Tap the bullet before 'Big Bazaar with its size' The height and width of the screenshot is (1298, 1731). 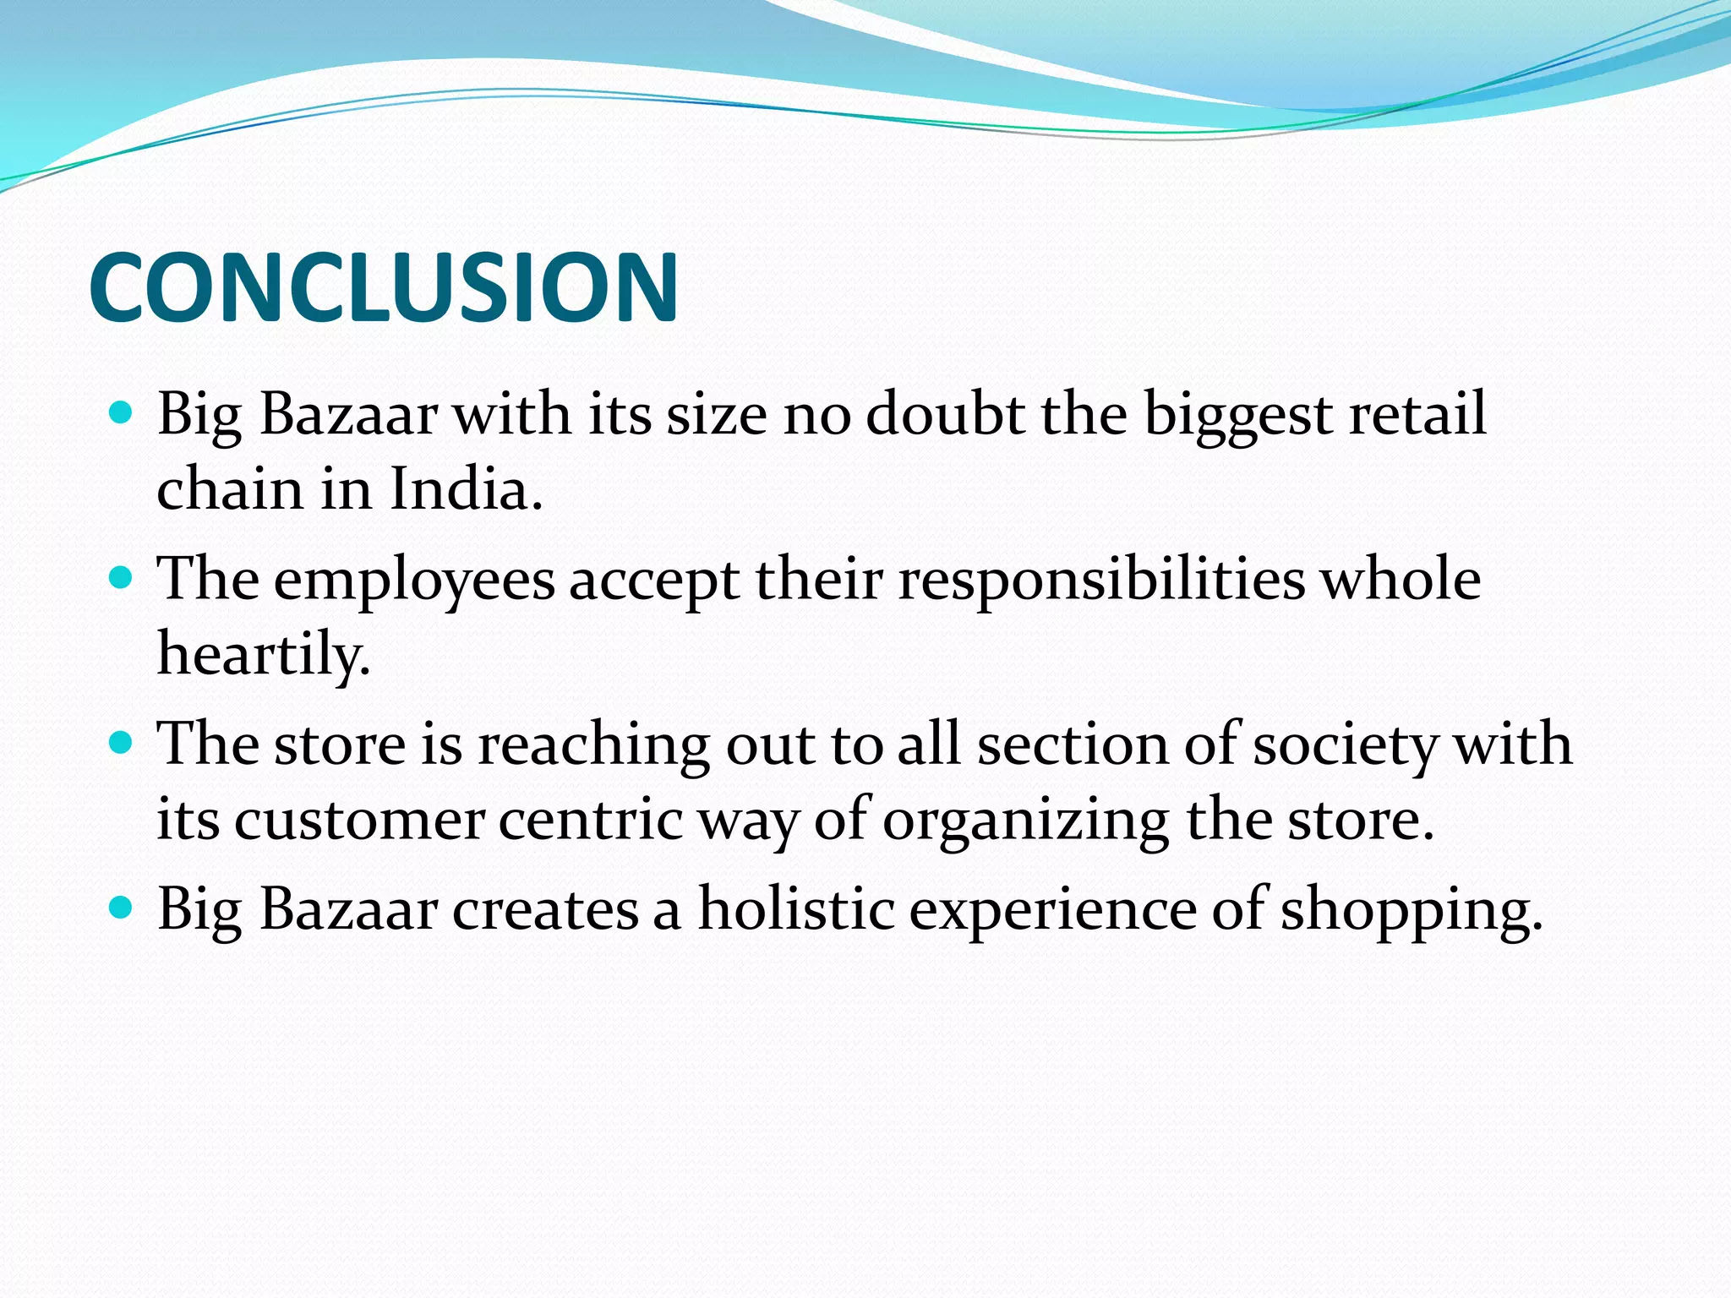(x=122, y=413)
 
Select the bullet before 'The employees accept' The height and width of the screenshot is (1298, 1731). (x=122, y=578)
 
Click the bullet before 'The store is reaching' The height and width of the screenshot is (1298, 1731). (x=122, y=743)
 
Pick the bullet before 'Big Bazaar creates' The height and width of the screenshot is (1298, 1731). (x=122, y=908)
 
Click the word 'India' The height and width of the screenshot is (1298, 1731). (x=465, y=489)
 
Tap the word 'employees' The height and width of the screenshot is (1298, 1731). (x=414, y=581)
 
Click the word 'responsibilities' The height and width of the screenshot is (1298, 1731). (x=1101, y=581)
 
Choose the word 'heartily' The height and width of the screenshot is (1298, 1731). (x=264, y=655)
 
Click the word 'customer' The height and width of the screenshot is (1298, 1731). (x=359, y=820)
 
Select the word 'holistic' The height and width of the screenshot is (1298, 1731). (x=796, y=909)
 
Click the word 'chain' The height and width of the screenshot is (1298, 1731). (x=230, y=489)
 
